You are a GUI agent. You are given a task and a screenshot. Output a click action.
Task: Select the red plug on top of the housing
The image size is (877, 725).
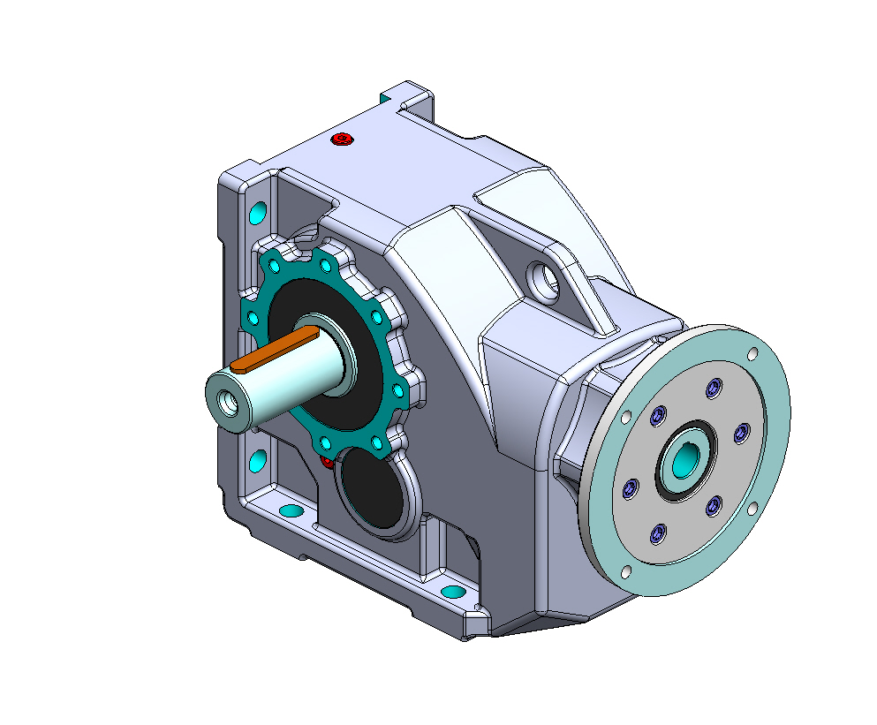pos(343,139)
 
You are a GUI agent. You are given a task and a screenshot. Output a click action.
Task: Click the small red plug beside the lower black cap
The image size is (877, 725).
pos(325,462)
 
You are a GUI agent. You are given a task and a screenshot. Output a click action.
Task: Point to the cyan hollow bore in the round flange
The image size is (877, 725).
pos(684,457)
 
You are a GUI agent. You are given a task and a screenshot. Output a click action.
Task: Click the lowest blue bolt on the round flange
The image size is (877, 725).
pos(656,535)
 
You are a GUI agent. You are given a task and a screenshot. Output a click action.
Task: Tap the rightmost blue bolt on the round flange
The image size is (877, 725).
pos(742,431)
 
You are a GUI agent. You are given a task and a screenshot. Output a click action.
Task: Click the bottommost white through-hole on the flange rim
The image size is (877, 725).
pos(626,572)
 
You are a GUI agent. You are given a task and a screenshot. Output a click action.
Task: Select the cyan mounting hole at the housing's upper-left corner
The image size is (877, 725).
pos(258,213)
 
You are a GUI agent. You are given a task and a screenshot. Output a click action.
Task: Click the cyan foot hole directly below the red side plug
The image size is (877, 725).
pos(290,510)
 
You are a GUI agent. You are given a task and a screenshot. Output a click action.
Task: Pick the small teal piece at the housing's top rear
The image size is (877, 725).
pos(385,94)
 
